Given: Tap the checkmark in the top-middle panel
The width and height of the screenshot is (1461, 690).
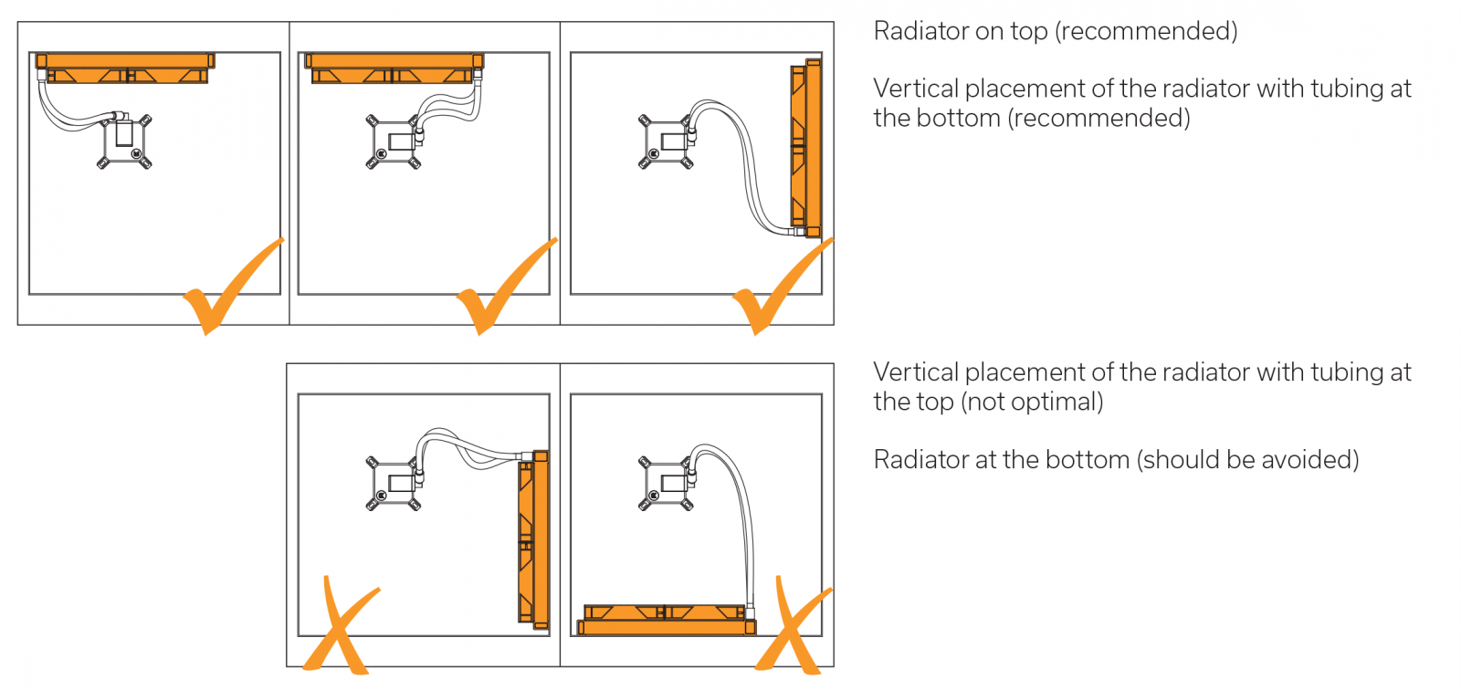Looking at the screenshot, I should [498, 290].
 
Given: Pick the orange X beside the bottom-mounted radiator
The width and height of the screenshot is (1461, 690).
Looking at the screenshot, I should [793, 628].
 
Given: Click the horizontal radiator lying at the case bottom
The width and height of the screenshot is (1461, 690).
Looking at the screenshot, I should [666, 620].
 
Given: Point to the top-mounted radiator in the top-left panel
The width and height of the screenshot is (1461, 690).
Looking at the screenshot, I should [125, 68].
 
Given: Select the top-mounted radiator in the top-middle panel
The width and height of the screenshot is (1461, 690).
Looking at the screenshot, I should [393, 68].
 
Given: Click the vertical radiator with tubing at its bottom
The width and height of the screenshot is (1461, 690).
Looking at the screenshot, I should [805, 146].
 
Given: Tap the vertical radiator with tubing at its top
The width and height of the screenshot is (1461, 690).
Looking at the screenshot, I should [533, 538].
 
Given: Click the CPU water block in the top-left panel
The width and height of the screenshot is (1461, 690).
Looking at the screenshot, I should [124, 141].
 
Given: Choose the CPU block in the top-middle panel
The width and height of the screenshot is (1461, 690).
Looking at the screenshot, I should [394, 142].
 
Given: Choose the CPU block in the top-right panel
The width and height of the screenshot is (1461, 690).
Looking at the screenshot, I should [666, 142].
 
